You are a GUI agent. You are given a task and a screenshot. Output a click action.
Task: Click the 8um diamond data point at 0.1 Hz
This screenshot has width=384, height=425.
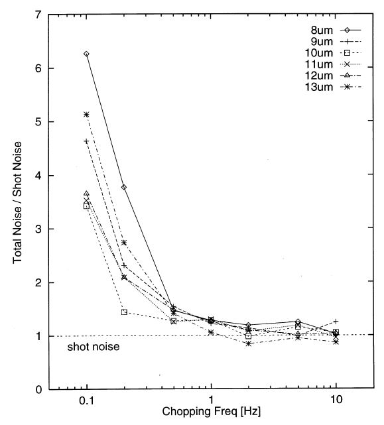86,54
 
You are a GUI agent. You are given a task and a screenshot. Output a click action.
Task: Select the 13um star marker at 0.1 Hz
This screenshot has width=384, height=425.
86,114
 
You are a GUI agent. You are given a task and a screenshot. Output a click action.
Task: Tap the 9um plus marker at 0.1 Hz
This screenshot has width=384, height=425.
86,141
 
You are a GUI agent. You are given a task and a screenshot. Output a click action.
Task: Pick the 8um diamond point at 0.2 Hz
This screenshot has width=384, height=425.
124,187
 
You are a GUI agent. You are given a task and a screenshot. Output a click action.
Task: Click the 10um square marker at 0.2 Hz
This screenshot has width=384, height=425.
124,312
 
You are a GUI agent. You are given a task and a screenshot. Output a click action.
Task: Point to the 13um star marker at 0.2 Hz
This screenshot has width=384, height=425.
124,243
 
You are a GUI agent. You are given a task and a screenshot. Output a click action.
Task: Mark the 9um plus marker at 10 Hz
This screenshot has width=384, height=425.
336,322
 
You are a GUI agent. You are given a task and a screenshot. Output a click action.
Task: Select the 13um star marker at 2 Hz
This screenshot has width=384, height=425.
248,343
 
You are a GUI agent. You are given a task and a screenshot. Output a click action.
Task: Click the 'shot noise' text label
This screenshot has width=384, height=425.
93,347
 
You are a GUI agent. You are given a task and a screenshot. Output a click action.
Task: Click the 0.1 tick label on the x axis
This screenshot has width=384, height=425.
86,402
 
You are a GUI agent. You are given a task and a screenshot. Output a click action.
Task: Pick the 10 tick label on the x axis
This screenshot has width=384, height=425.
335,402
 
